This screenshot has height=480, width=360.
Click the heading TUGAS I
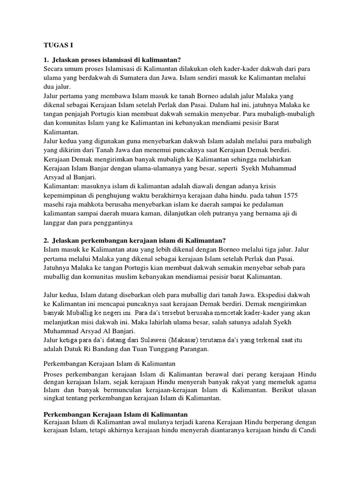pyautogui.click(x=55, y=45)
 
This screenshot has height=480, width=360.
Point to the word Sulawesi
pyautogui.click(x=164, y=339)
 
